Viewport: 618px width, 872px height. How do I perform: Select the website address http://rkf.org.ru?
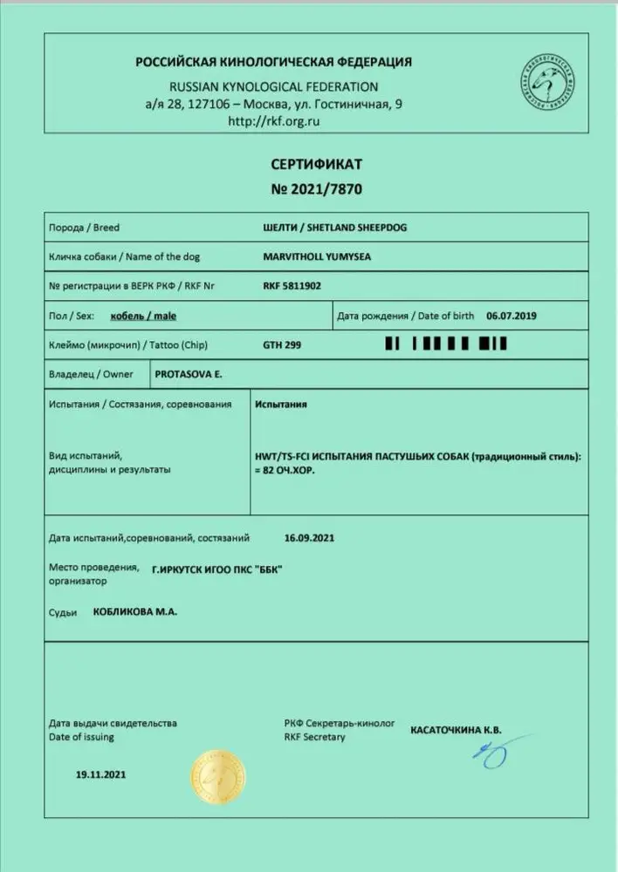(273, 121)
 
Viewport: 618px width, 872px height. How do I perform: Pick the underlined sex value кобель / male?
(144, 316)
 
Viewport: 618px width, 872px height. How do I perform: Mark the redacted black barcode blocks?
(446, 345)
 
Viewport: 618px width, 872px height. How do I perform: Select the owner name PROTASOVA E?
(188, 374)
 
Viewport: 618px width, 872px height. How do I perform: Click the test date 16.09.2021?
(310, 538)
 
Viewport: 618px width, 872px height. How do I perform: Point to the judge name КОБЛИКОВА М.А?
(134, 612)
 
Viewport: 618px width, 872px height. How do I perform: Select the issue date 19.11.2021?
(102, 773)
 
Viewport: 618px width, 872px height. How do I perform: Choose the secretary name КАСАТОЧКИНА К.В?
(457, 730)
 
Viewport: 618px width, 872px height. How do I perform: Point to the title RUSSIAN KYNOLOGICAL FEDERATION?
(273, 87)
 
